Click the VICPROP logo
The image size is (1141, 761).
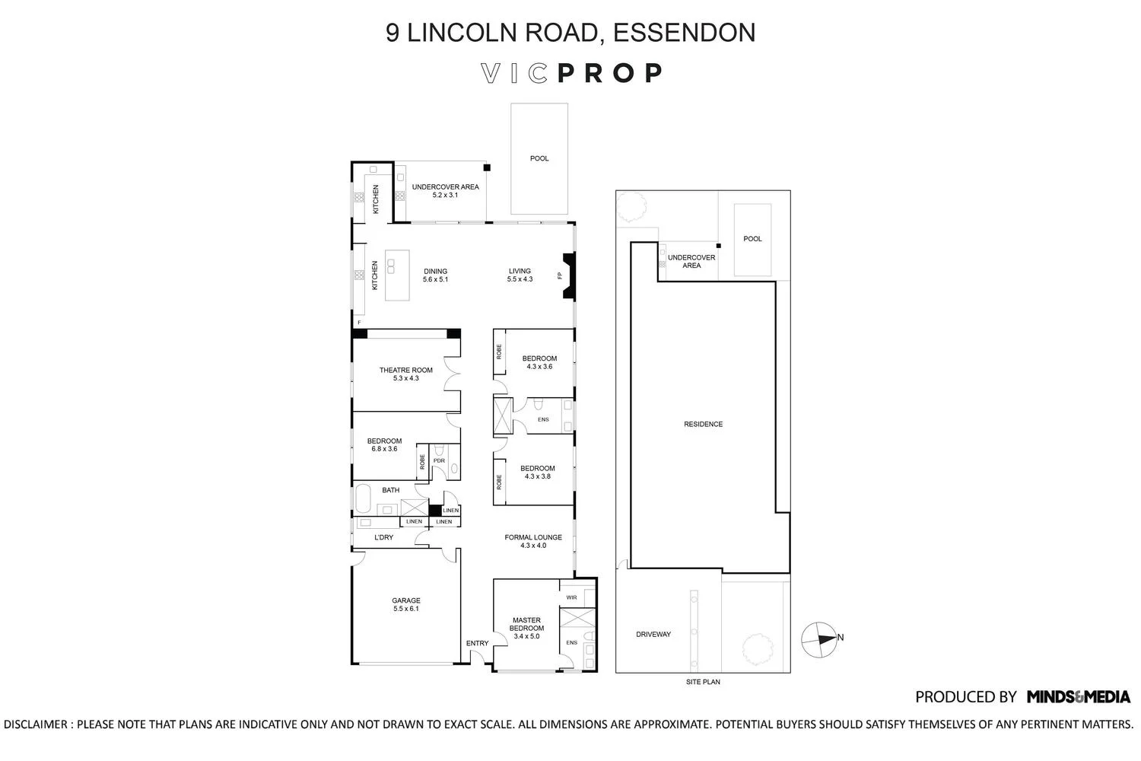[571, 73]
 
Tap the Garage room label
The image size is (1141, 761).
[406, 604]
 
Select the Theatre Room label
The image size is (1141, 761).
[406, 374]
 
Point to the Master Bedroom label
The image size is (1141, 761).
[526, 628]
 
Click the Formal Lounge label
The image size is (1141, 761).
[533, 541]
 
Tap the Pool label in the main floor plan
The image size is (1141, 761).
[539, 158]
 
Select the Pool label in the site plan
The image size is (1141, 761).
[752, 239]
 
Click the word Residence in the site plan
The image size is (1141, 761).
[703, 424]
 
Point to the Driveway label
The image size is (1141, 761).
[653, 634]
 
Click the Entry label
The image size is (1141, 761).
[477, 644]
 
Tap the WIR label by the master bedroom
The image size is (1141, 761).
[571, 597]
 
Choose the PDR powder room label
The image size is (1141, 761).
[439, 460]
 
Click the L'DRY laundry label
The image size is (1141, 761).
[383, 537]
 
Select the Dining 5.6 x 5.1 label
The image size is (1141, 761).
[435, 275]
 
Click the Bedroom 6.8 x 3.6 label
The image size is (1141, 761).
[384, 444]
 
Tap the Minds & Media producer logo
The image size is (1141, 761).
[1078, 696]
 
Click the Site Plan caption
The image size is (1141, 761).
[703, 682]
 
